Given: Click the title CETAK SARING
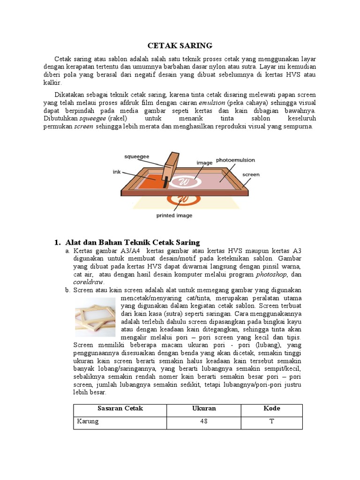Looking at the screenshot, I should tap(180, 45).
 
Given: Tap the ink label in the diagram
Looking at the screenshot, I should tap(117, 172).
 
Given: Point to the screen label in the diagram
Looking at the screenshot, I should tap(251, 175).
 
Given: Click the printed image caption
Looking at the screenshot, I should tap(173, 216).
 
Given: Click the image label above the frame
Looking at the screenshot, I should tap(204, 163).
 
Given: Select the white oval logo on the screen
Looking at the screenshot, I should tap(185, 181).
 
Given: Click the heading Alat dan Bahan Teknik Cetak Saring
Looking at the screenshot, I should tap(132, 242).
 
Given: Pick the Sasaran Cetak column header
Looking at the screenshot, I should tap(120, 408).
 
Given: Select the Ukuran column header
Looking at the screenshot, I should tap(204, 408).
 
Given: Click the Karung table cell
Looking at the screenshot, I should tap(88, 421).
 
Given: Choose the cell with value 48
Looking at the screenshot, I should tap(204, 421).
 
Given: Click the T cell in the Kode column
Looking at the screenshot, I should tap(271, 421).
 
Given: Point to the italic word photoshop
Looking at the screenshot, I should tap(272, 274).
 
